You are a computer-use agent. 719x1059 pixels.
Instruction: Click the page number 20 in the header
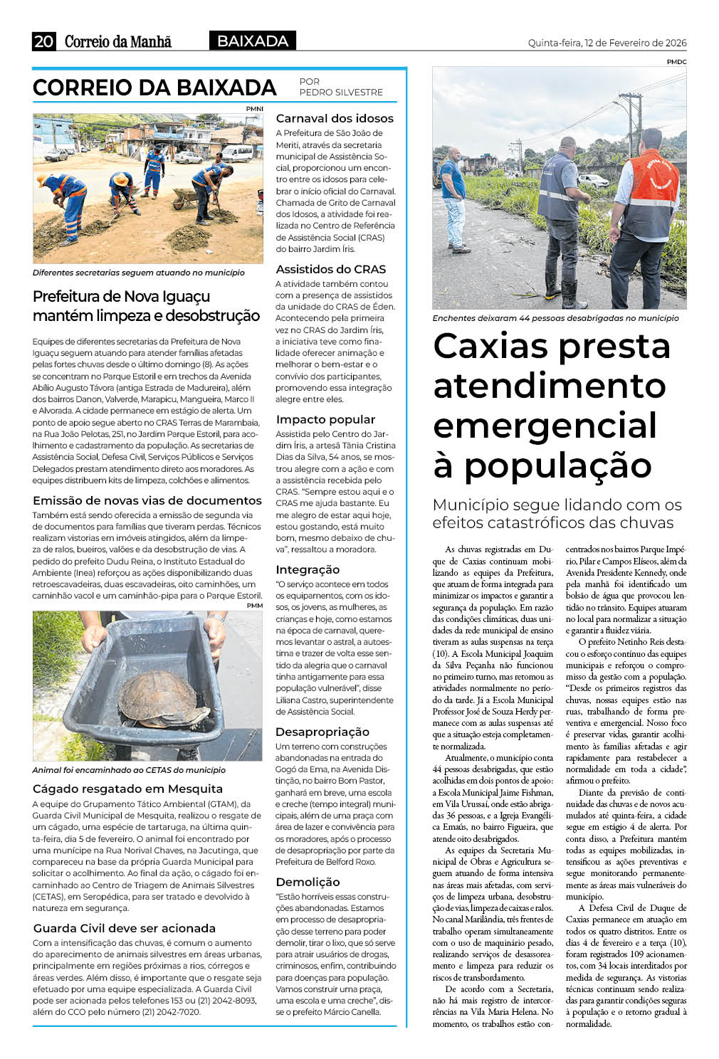(x=43, y=41)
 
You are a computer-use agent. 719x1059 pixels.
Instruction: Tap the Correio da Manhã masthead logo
(x=118, y=42)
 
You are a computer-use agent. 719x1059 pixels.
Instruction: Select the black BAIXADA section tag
(x=253, y=41)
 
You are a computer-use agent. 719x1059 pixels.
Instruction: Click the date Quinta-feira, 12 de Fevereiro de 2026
(x=607, y=43)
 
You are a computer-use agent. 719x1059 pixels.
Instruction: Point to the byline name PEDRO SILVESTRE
(x=341, y=93)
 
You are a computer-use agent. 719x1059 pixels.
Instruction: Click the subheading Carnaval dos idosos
(x=335, y=118)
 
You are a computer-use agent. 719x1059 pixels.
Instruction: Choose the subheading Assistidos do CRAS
(x=331, y=269)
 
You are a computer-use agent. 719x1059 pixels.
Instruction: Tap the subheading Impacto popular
(x=325, y=419)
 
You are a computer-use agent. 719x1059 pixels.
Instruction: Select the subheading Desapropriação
(x=322, y=732)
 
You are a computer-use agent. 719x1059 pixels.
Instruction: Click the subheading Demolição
(x=308, y=882)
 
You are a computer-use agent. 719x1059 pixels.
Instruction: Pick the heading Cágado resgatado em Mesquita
(x=127, y=789)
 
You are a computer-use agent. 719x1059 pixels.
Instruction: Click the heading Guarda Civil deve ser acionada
(x=124, y=928)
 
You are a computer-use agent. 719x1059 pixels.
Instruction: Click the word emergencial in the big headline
(x=545, y=426)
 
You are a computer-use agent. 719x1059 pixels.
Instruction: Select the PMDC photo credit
(x=676, y=62)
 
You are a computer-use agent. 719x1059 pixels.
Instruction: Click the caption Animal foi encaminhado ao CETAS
(x=129, y=770)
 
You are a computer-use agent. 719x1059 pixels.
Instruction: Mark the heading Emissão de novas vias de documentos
(x=147, y=500)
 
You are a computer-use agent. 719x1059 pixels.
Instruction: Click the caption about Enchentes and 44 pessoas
(x=555, y=318)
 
